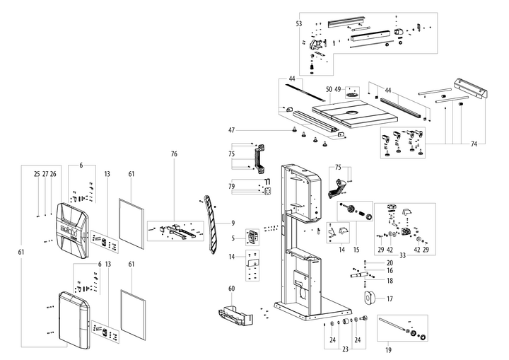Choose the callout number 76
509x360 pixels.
[174, 153]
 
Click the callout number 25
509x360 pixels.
[37, 173]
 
